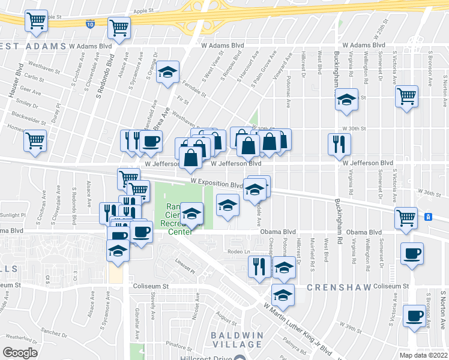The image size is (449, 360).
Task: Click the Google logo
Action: [20, 352]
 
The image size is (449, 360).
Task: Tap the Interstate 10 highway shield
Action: [89, 24]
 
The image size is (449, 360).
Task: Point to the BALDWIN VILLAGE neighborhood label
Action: [237, 339]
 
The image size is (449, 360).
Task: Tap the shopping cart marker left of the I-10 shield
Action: [36, 21]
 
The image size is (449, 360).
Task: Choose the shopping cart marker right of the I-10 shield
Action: [119, 27]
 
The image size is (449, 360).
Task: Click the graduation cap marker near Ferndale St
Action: [168, 73]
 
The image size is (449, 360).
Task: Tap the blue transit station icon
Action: [429, 217]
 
